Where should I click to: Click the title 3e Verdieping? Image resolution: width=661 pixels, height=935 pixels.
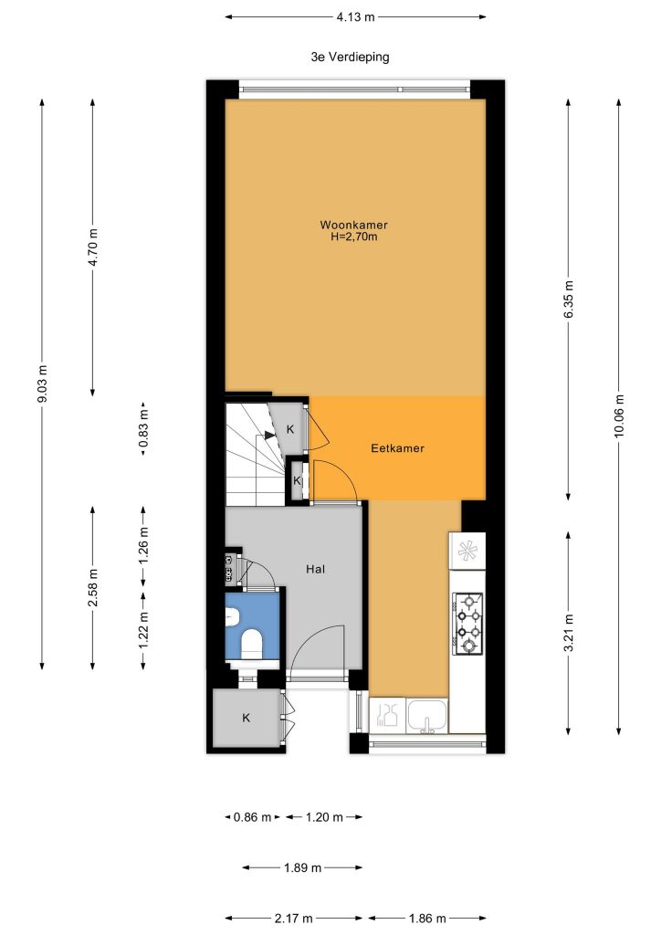click(350, 58)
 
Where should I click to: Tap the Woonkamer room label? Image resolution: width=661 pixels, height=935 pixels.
click(354, 225)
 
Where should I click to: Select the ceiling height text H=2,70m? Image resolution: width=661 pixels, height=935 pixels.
click(354, 236)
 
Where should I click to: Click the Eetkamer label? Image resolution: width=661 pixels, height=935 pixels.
click(397, 447)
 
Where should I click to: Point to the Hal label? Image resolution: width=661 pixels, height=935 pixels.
click(315, 569)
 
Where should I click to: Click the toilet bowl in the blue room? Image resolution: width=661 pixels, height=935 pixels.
click(251, 644)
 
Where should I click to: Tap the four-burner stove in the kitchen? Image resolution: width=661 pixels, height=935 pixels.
click(467, 623)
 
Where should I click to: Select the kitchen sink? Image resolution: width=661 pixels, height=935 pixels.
click(426, 715)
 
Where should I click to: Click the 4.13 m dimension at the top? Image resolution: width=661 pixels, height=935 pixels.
click(356, 17)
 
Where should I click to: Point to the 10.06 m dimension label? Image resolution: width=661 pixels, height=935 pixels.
click(619, 416)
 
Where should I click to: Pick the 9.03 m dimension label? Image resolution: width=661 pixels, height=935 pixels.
click(42, 383)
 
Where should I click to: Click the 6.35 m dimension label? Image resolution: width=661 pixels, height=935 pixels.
click(568, 299)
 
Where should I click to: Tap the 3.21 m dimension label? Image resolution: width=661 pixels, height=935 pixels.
click(568, 634)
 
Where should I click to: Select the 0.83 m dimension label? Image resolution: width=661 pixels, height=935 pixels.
click(143, 429)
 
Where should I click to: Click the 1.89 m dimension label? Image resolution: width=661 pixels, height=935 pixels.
click(303, 867)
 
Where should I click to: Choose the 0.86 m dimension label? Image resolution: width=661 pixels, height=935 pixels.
click(252, 817)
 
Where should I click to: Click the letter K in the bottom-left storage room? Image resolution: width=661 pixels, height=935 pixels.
click(247, 718)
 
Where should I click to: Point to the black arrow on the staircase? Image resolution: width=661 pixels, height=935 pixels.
click(270, 436)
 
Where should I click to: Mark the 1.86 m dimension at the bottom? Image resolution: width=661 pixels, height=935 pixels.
click(426, 919)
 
